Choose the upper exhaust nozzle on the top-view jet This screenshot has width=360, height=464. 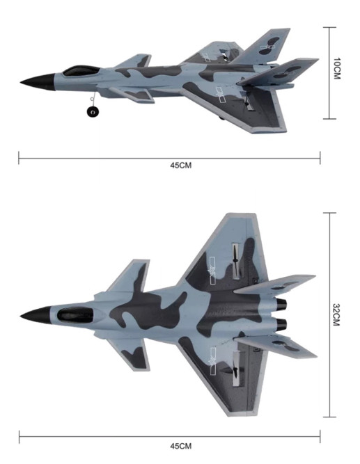282,305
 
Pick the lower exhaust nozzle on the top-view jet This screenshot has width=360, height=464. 282,324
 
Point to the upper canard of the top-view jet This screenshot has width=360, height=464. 132,278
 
